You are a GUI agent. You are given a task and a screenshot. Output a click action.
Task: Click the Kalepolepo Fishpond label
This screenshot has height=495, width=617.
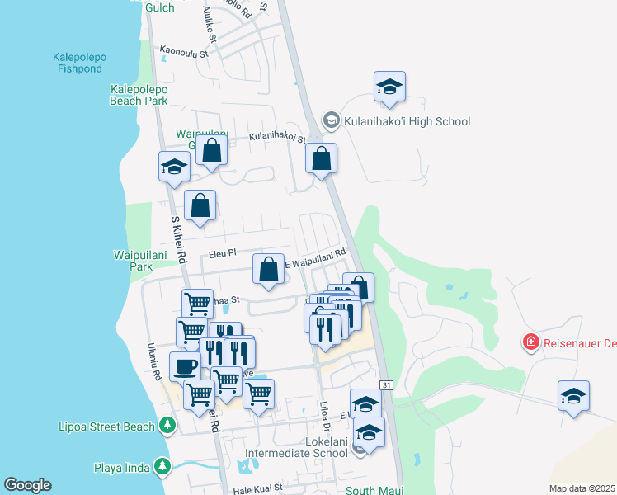point(81,64)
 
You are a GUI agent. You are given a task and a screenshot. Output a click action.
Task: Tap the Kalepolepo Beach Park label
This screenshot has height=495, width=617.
point(139,95)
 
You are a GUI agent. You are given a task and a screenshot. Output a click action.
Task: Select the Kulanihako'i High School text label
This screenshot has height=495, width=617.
point(407,121)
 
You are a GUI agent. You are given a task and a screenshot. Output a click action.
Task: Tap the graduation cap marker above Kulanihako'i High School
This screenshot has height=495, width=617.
point(389,87)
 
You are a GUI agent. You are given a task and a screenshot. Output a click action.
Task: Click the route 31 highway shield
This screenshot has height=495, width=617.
point(386,385)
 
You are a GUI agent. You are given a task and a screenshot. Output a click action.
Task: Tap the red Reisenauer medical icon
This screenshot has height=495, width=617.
point(530,341)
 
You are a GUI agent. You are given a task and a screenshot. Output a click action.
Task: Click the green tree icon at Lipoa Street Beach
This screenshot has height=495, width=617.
point(167,426)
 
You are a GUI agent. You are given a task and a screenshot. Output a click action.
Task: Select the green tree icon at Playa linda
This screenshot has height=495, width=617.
point(162,468)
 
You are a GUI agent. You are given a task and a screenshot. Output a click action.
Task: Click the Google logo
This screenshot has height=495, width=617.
point(27,485)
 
